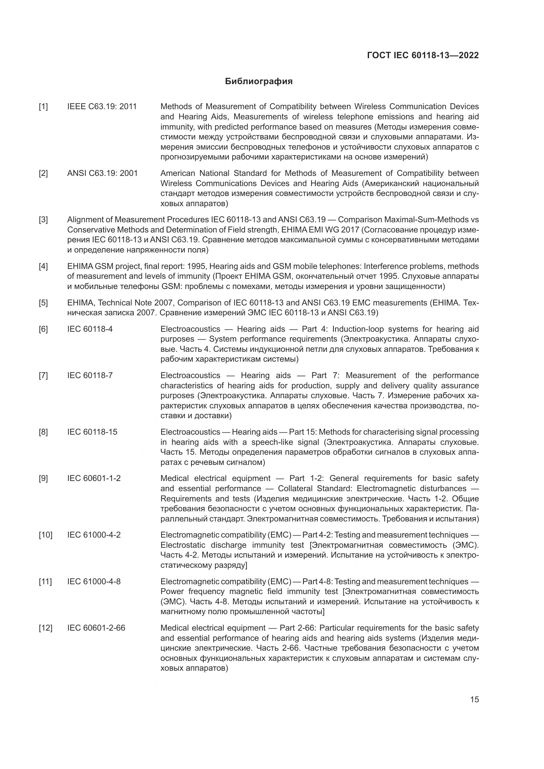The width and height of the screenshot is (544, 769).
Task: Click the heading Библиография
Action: coord(259,82)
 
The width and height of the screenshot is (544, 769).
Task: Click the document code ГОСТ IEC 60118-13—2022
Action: coord(423,55)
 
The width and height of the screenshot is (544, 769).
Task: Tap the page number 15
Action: coord(474,700)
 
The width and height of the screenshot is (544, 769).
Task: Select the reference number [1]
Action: coord(43,107)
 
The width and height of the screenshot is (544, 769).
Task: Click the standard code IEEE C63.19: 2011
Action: coord(102,107)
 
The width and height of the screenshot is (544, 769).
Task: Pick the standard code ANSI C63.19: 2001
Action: coord(102,174)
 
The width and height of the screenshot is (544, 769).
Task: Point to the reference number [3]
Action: coord(43,220)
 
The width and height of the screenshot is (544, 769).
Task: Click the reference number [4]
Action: coord(43,266)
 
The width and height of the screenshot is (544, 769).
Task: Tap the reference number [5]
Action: coord(43,303)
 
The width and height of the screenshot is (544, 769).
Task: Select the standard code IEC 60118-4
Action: coord(90,329)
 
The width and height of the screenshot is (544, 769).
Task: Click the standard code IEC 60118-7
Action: coord(90,375)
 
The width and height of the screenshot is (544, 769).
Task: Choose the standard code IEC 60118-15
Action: coord(92,432)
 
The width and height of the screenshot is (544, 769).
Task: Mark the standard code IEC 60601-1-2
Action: coord(94,478)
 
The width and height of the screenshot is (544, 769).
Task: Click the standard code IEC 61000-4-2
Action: coord(94,535)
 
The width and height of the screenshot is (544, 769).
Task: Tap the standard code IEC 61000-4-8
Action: coord(94,582)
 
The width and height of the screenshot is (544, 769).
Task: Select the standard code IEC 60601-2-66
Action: coord(96,628)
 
